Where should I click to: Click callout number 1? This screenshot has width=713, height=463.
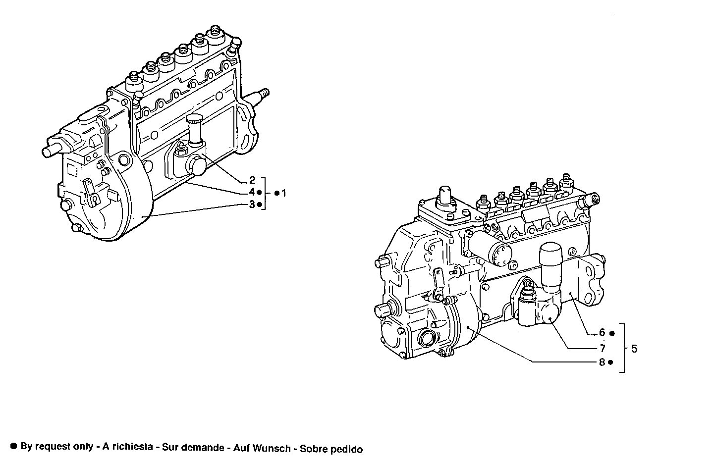(284, 193)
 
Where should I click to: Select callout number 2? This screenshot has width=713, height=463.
(252, 180)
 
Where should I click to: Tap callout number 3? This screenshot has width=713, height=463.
(252, 204)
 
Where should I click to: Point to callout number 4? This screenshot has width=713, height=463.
(252, 192)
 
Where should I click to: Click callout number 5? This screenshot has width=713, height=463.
(634, 349)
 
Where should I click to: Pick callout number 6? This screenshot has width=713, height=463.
(602, 333)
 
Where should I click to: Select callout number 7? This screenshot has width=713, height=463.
(602, 348)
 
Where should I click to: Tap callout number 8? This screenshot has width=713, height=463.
(602, 362)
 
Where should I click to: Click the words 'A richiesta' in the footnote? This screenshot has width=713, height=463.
(127, 448)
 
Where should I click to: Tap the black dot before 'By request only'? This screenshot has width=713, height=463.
(14, 446)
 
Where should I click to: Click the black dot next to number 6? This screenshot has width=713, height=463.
(612, 333)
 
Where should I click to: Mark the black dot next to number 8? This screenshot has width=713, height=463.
(610, 362)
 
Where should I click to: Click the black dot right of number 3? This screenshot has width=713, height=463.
(259, 204)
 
